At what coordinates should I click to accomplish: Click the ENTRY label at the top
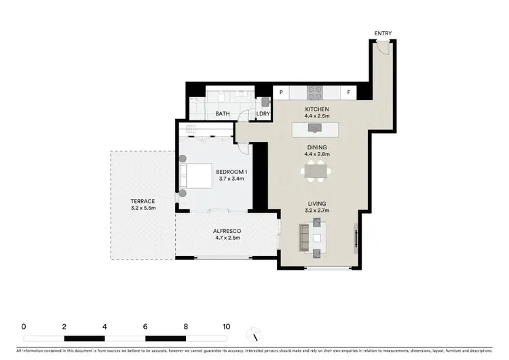pyautogui.click(x=383, y=33)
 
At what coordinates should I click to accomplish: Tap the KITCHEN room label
pyautogui.click(x=317, y=109)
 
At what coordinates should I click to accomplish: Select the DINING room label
pyautogui.click(x=317, y=147)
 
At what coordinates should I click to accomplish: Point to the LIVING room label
pyautogui.click(x=317, y=203)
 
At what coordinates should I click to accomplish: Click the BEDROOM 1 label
pyautogui.click(x=231, y=172)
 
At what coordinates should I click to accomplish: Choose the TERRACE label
pyautogui.click(x=143, y=201)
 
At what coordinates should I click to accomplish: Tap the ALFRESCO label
pyautogui.click(x=228, y=232)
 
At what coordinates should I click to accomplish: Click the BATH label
pyautogui.click(x=223, y=114)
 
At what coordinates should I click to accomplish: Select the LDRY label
pyautogui.click(x=263, y=114)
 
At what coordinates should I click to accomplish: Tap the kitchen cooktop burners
pyautogui.click(x=315, y=90)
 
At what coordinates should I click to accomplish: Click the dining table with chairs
pyautogui.click(x=317, y=173)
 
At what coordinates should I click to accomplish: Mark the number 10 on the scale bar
pyautogui.click(x=226, y=327)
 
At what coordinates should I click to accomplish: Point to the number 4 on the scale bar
pyautogui.click(x=105, y=327)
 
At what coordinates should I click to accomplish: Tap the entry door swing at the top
pyautogui.click(x=383, y=46)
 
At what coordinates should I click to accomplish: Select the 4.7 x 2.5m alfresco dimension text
pyautogui.click(x=228, y=239)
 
